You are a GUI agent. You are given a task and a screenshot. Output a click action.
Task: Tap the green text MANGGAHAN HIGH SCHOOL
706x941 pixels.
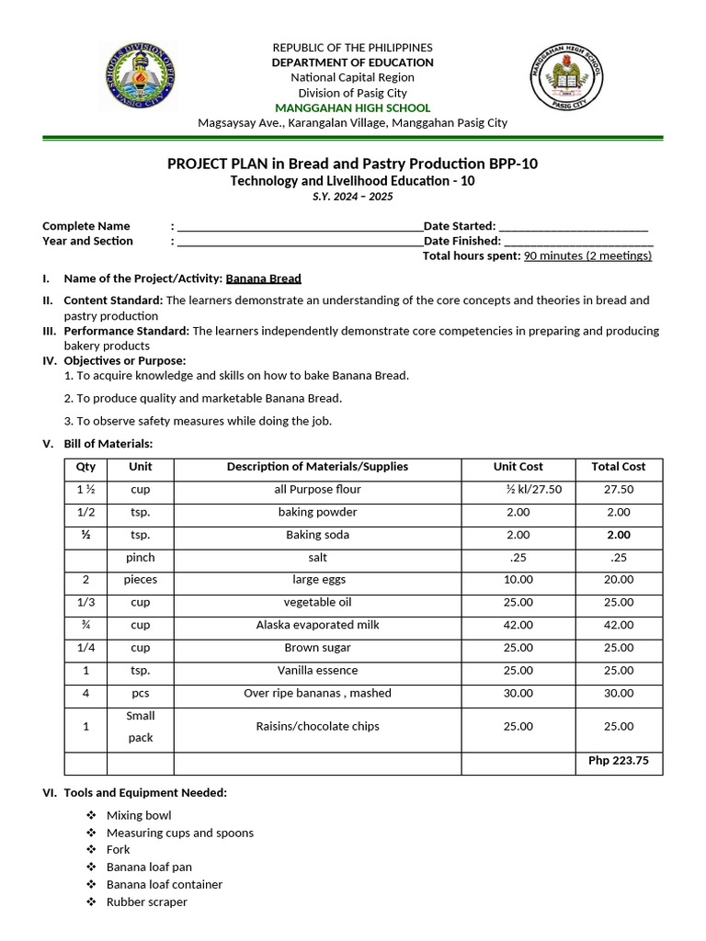pyautogui.click(x=352, y=108)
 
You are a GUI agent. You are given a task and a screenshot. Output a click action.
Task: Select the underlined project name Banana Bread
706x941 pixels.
pyautogui.click(x=264, y=278)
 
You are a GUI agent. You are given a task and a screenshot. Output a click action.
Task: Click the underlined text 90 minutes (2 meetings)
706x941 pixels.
pyautogui.click(x=587, y=255)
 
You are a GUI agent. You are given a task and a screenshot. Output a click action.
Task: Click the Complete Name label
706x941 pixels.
pyautogui.click(x=86, y=226)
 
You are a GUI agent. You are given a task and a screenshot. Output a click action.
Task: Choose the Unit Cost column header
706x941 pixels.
pyautogui.click(x=518, y=467)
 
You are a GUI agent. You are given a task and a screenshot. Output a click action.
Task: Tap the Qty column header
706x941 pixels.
pyautogui.click(x=85, y=467)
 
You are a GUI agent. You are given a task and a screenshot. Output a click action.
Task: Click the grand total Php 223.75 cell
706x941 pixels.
pyautogui.click(x=618, y=761)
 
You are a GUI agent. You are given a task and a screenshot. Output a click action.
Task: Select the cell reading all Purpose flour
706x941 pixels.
pyautogui.click(x=317, y=490)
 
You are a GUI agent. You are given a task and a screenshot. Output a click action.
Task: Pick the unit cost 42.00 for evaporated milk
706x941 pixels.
pyautogui.click(x=518, y=625)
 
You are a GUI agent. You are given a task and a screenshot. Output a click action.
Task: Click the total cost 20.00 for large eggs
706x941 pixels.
pyautogui.click(x=618, y=580)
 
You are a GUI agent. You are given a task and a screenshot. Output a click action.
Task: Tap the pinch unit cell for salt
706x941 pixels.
pyautogui.click(x=140, y=558)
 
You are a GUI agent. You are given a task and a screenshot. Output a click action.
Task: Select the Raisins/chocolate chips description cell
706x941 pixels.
pyautogui.click(x=317, y=726)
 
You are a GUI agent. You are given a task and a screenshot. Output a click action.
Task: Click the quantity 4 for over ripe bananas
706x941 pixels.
pyautogui.click(x=85, y=693)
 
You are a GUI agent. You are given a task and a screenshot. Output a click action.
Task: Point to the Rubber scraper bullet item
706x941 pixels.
pyautogui.click(x=146, y=902)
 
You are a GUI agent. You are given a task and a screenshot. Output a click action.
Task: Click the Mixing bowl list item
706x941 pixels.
pyautogui.click(x=139, y=815)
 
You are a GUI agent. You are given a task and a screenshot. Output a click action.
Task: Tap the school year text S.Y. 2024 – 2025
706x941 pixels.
pyautogui.click(x=352, y=198)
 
